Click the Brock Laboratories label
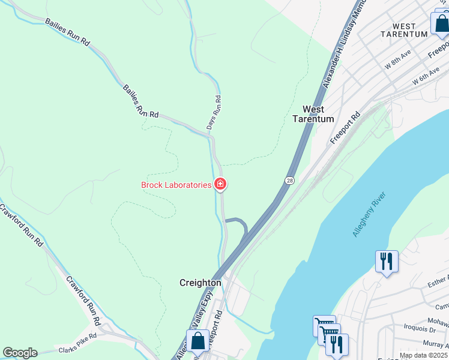[176, 185]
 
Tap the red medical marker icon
[220, 184]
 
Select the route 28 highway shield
[291, 180]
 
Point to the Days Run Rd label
[214, 113]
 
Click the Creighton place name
[200, 283]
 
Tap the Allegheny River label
[369, 215]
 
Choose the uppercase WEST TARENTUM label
[404, 30]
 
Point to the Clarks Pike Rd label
[77, 344]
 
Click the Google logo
[20, 353]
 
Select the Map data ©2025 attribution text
[424, 355]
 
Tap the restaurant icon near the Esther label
[387, 261]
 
